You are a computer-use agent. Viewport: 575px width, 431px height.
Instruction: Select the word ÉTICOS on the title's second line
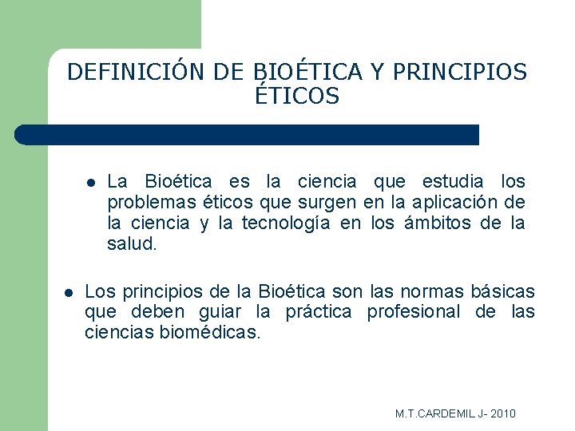(x=297, y=97)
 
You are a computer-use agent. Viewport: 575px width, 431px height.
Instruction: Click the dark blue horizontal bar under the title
(x=248, y=135)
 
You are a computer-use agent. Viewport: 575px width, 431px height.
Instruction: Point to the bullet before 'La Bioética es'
(x=91, y=183)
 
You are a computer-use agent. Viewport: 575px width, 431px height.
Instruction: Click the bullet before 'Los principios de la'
(x=69, y=293)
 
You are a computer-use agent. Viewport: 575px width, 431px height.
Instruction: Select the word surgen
(x=331, y=203)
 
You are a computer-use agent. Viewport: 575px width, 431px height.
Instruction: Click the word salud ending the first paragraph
(x=132, y=244)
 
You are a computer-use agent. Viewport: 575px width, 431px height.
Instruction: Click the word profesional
(x=413, y=312)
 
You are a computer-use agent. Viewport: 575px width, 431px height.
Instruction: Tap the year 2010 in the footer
(x=502, y=413)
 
